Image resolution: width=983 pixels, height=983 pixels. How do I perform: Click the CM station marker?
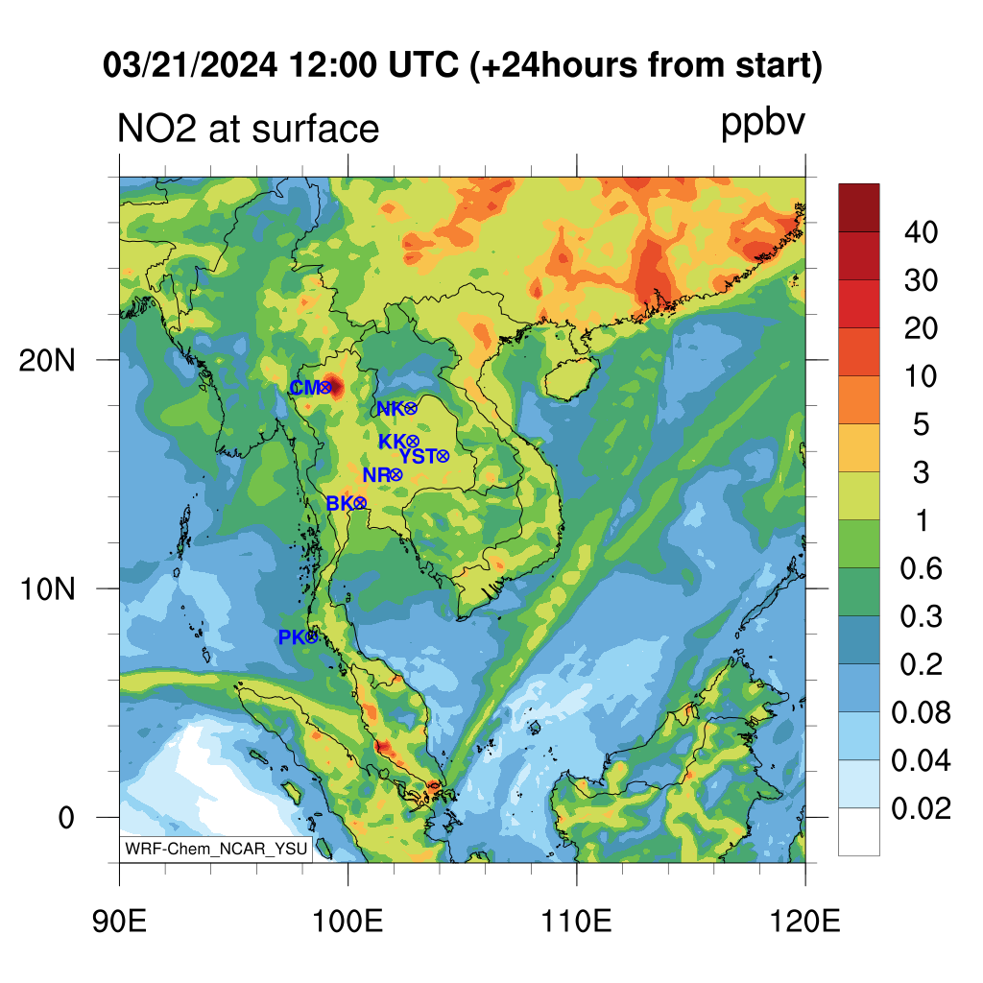325,388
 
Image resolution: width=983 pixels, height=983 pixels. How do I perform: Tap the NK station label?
390,409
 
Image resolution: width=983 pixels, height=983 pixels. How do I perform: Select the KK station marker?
413,442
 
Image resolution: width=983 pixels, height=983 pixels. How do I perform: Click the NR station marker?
396,475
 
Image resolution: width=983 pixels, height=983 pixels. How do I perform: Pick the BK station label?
340,503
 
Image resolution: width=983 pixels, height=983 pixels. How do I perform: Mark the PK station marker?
312,637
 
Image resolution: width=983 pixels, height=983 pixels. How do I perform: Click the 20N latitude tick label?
47,361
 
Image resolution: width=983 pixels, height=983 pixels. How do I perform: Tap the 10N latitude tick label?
47,589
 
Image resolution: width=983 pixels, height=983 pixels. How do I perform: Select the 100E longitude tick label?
348,922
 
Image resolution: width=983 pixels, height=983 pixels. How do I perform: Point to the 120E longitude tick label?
805,922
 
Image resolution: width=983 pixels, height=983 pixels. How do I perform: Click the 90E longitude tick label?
119,922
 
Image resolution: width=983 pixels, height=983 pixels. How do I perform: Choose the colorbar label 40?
921,232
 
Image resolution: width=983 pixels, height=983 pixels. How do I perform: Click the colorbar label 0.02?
921,808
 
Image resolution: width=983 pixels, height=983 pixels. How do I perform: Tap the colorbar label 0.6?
921,568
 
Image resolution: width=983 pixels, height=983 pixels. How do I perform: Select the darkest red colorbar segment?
859,208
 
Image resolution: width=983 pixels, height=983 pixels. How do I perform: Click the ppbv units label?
762,124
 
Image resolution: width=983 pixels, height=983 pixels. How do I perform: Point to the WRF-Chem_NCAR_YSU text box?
216,849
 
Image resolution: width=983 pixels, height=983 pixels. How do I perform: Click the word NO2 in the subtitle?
157,129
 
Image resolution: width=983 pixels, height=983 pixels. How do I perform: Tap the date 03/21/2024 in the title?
190,65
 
